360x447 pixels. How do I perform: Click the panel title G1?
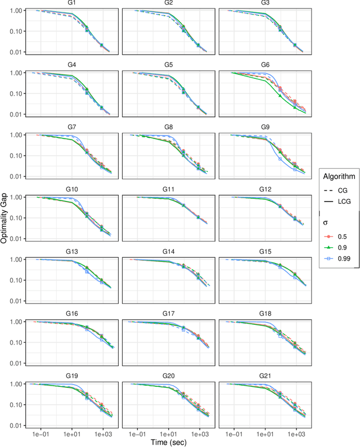pos(73,3)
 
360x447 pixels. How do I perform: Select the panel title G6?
pos(265,65)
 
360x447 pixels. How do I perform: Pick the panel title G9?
pos(265,127)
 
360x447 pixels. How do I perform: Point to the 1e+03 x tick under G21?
pos(295,434)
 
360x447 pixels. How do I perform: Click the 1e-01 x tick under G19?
pos(39,434)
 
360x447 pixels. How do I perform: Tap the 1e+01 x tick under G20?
pos(168,434)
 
